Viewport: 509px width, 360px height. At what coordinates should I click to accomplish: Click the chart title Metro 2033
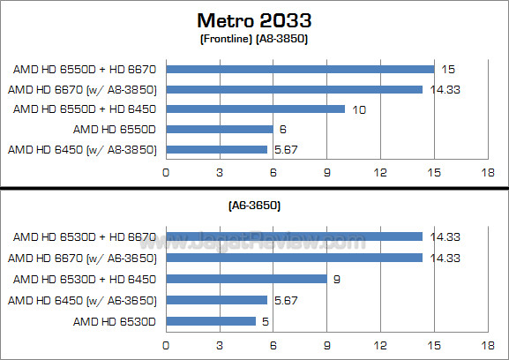pyautogui.click(x=255, y=19)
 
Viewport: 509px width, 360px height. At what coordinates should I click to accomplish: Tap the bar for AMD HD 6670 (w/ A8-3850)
pyautogui.click(x=294, y=89)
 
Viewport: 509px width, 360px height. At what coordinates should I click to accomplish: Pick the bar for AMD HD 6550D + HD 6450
pyautogui.click(x=255, y=109)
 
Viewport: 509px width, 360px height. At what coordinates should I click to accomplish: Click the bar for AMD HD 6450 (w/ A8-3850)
pyautogui.click(x=216, y=149)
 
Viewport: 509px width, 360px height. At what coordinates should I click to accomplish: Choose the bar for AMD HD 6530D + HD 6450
pyautogui.click(x=246, y=279)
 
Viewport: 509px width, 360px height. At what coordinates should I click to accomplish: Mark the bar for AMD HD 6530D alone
pyautogui.click(x=210, y=321)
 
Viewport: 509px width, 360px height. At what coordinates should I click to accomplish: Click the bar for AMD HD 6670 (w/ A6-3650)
pyautogui.click(x=294, y=259)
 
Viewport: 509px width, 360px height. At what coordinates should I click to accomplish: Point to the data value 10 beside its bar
pyautogui.click(x=357, y=109)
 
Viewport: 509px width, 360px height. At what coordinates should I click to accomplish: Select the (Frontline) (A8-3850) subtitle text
pyautogui.click(x=254, y=38)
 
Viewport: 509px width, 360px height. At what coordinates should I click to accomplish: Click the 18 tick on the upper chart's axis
pyautogui.click(x=486, y=173)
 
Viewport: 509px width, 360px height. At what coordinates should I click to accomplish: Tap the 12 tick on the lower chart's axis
pyautogui.click(x=379, y=346)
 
